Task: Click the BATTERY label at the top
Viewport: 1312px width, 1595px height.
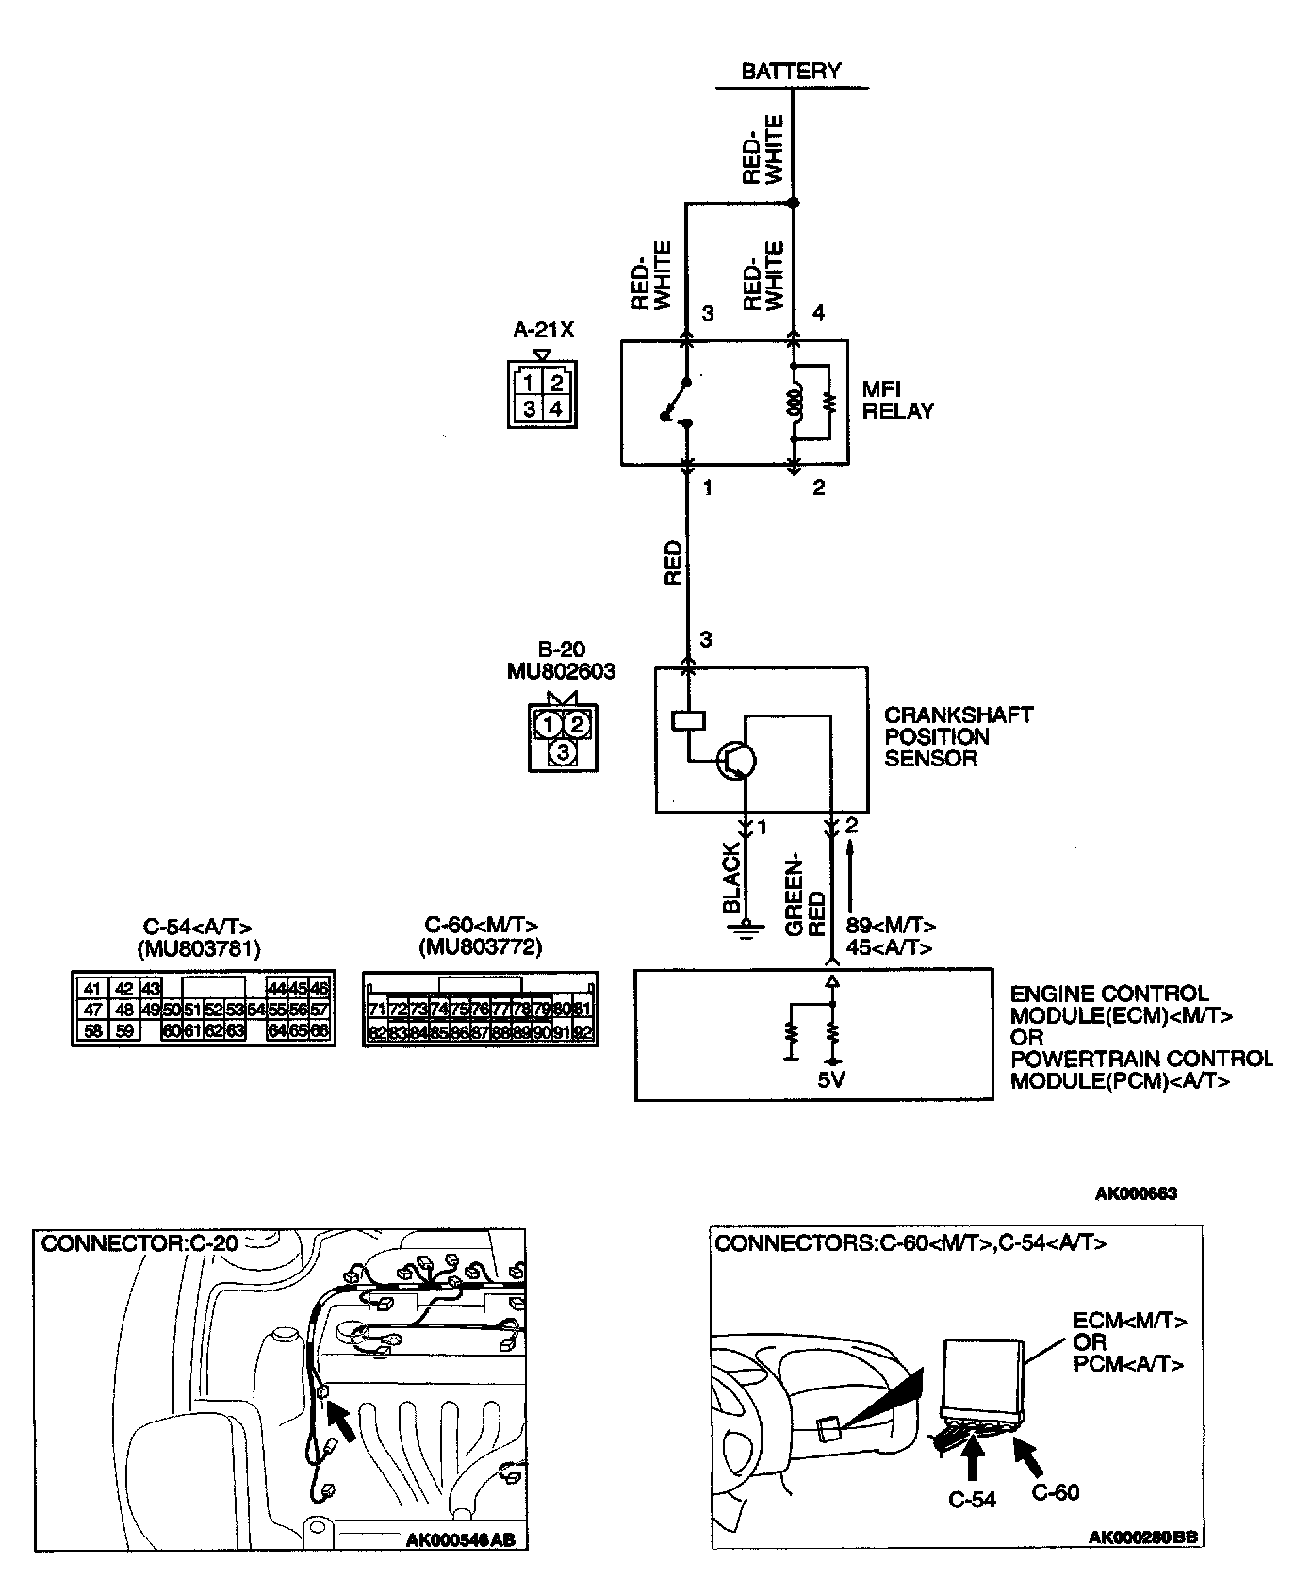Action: [791, 71]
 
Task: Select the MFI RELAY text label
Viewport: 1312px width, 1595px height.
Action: [897, 401]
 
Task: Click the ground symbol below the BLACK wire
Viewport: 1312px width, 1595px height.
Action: [746, 930]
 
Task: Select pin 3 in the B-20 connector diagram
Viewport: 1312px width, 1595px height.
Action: [563, 751]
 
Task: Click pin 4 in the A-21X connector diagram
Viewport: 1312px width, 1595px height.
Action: [557, 408]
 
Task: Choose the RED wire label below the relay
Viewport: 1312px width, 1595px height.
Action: [673, 563]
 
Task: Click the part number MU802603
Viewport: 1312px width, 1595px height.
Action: [562, 671]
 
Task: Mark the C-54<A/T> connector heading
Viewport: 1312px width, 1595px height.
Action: [198, 925]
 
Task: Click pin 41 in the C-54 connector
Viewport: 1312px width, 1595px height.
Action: [91, 989]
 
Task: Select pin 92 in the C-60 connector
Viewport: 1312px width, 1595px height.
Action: [583, 1033]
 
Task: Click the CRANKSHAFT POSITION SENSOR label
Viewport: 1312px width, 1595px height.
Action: [958, 736]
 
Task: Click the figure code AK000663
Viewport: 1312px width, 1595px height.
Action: [1135, 1193]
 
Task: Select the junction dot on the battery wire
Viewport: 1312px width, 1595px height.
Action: [794, 203]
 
